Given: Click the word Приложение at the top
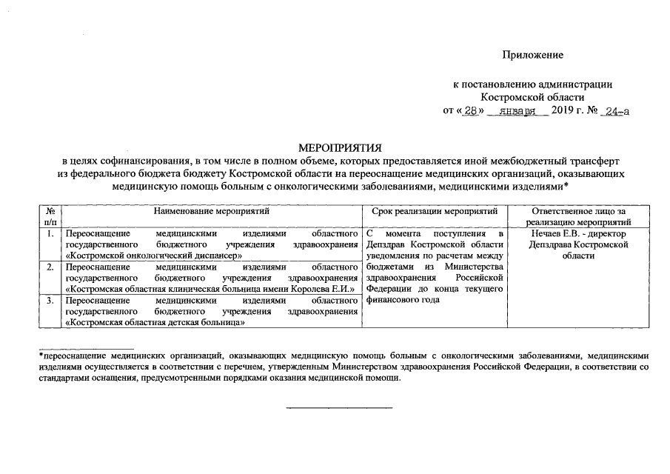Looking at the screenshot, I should tap(532, 55).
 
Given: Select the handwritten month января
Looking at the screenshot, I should tap(517, 112).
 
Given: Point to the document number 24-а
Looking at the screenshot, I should tap(617, 112).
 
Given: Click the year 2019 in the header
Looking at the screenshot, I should tap(563, 112).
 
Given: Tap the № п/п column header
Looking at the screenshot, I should tap(50, 216).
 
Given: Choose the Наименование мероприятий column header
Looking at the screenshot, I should tap(212, 212).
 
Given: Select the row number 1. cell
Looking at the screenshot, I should tap(50, 234).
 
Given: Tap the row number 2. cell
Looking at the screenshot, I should tap(50, 267).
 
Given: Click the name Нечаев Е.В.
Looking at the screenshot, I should tap(548, 234).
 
